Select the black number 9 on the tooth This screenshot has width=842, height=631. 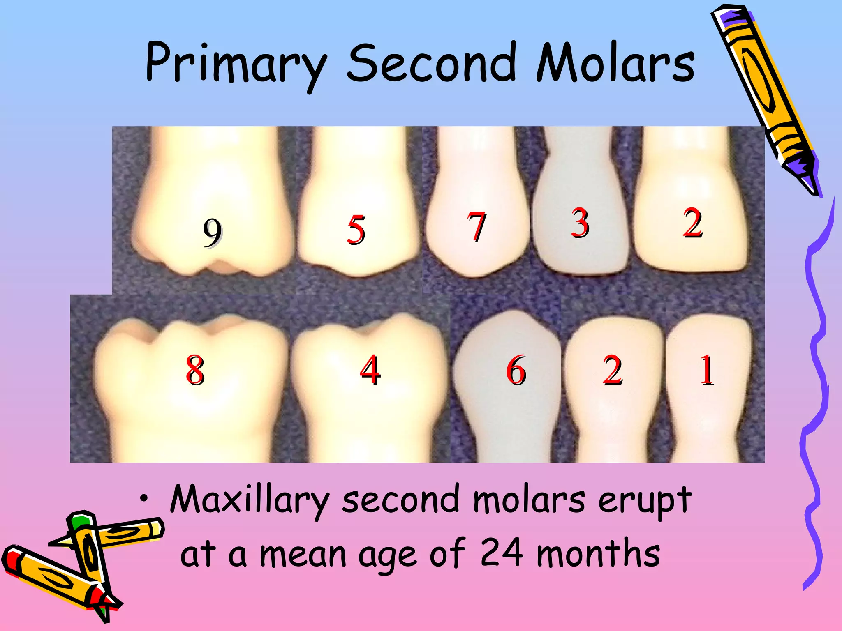pos(212,233)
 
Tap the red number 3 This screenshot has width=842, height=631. pos(580,223)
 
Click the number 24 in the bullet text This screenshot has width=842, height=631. pos(502,553)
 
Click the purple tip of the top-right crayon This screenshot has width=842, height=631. pos(808,181)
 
